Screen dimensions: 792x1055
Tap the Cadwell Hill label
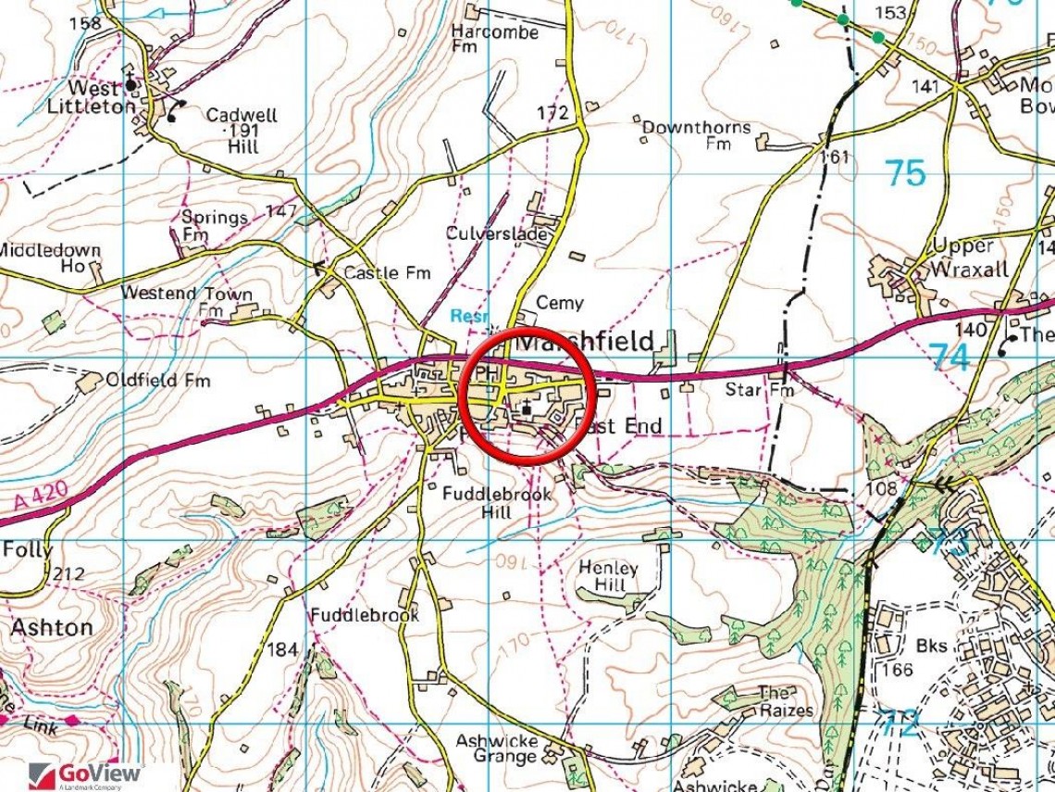(x=241, y=131)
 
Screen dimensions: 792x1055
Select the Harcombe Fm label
(x=494, y=40)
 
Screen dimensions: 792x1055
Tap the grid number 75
(x=905, y=173)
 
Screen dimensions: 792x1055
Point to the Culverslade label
(x=496, y=234)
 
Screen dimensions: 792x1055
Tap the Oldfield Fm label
(x=157, y=380)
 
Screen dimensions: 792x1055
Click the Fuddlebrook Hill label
(x=496, y=503)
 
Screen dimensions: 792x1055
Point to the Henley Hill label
(x=608, y=577)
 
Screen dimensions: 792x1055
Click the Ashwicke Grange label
(x=496, y=750)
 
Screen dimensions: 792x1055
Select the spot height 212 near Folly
(x=67, y=574)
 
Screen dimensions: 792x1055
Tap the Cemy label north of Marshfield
(x=560, y=303)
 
